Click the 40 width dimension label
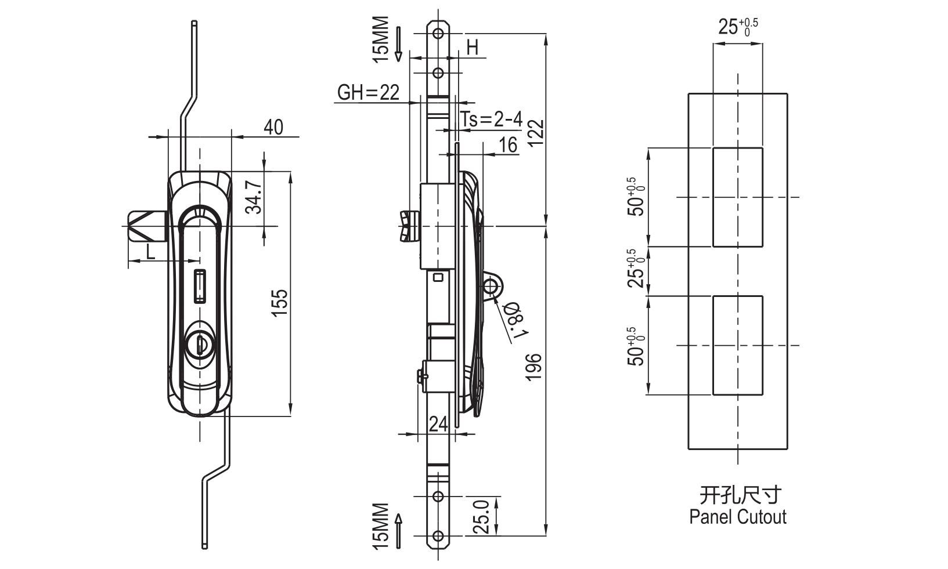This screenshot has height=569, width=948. point(273,127)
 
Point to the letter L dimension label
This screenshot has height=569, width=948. point(150,251)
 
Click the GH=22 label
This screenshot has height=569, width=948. point(368,92)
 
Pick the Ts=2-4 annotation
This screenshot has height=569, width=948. point(492,119)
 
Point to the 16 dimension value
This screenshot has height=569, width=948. point(508,144)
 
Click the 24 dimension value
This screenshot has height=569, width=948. point(439,425)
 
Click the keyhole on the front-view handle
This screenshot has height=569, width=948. point(199,344)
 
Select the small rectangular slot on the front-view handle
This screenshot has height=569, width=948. point(199,286)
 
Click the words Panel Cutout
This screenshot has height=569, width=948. point(737,517)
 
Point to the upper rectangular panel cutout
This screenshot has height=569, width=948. point(737,197)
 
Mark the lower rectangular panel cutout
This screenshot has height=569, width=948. point(737,346)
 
